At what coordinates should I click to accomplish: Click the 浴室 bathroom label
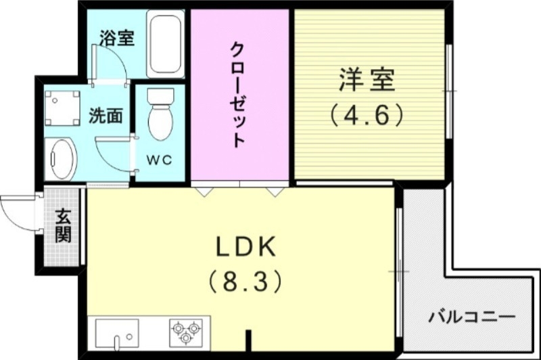pyautogui.click(x=116, y=38)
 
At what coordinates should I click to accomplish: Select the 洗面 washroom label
pyautogui.click(x=106, y=116)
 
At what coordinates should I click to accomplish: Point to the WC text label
pyautogui.click(x=160, y=160)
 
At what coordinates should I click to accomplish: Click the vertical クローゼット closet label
pyautogui.click(x=237, y=95)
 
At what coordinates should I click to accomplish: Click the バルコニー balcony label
pyautogui.click(x=471, y=317)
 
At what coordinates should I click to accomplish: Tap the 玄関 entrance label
pyautogui.click(x=64, y=226)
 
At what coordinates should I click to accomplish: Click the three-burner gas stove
pyautogui.click(x=185, y=332)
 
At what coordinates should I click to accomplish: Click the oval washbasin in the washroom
pyautogui.click(x=60, y=159)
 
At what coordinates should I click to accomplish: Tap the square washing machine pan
pyautogui.click(x=62, y=108)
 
